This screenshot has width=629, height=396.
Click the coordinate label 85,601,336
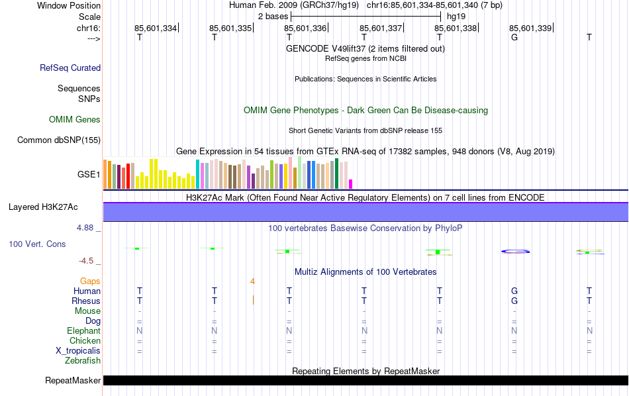tap(305, 28)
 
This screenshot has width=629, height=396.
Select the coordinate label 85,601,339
tap(530, 28)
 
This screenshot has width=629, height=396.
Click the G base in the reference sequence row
tap(514, 37)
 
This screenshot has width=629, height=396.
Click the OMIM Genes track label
tap(75, 120)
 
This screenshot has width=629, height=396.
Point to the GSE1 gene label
tap(89, 175)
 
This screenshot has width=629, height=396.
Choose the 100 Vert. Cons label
tap(37, 244)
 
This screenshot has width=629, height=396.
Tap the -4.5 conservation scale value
tap(89, 261)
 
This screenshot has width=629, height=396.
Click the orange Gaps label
tap(90, 281)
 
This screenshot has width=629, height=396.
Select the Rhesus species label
tap(86, 301)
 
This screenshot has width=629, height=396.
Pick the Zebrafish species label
tap(83, 361)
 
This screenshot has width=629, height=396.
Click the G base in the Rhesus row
tap(514, 301)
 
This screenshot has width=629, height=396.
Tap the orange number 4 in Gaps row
tap(252, 281)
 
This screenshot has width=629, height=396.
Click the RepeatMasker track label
tap(73, 381)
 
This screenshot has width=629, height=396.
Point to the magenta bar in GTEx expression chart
tap(351, 183)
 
